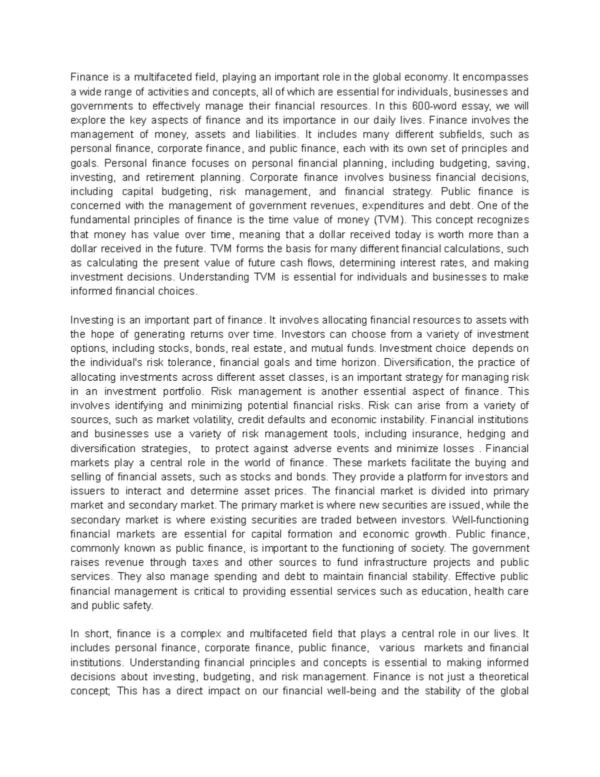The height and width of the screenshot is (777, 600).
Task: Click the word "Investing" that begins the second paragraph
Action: [x=89, y=320]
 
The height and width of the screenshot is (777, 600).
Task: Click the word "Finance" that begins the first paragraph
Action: [x=89, y=78]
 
